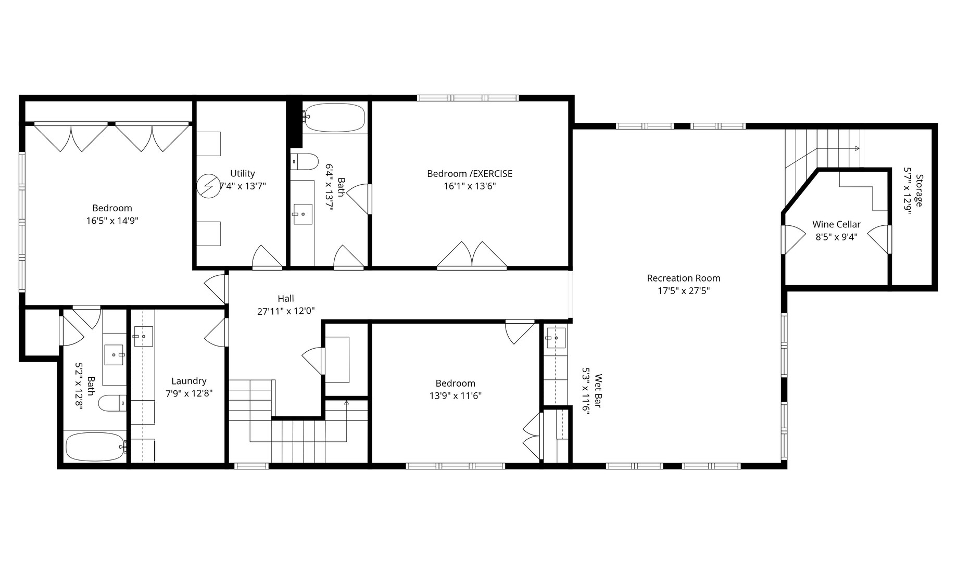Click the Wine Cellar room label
pos(836,224)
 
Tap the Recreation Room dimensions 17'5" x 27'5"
pos(683,291)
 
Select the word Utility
pos(242,173)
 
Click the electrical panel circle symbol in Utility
pos(209,186)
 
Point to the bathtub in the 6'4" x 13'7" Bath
pos(335,118)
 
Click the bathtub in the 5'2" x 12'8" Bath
pos(95,447)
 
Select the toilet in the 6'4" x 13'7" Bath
pos(305,161)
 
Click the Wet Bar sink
pos(556,338)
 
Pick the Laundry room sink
pos(143,336)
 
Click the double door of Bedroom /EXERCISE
pos(472,256)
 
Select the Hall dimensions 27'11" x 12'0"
pos(286,312)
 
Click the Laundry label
pos(188,381)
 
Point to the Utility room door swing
pos(267,257)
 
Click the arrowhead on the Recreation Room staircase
pos(857,149)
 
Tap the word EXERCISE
pos(492,173)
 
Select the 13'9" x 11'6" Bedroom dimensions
pos(455,396)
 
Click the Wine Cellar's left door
pos(793,239)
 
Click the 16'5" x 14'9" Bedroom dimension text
pos(112,221)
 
